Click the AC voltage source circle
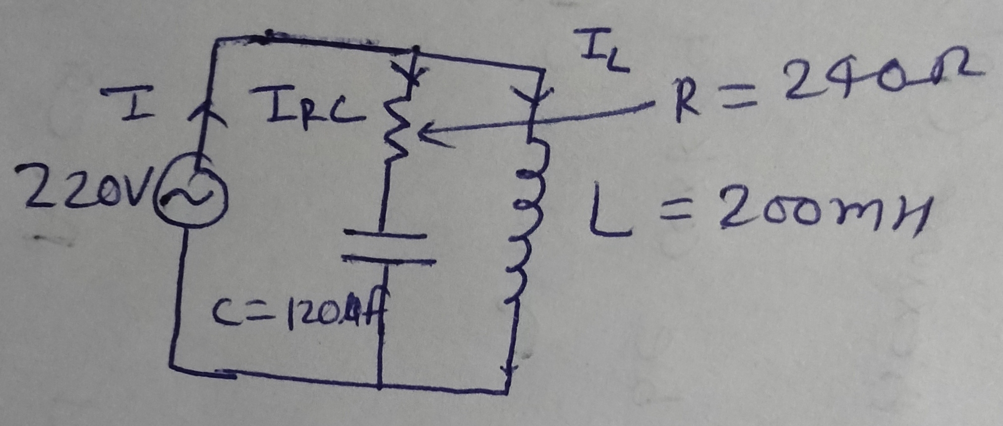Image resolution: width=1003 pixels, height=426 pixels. point(191,197)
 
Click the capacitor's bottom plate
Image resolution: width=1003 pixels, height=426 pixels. point(389,260)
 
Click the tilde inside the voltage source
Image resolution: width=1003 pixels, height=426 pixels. point(190,197)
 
